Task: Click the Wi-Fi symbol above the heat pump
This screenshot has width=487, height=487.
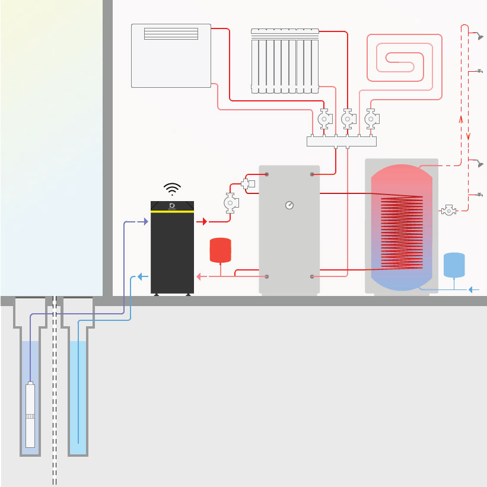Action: [x=173, y=189]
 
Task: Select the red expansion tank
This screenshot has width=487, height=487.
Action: [x=221, y=250]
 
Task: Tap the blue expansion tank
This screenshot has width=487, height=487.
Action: [x=454, y=265]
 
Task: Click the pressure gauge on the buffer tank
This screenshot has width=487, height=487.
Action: [x=289, y=205]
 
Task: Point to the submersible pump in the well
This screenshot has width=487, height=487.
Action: [x=31, y=415]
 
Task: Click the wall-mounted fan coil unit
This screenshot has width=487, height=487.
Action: [x=171, y=55]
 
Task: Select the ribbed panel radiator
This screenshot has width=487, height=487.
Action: [x=285, y=61]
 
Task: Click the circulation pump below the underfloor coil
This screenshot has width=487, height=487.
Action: [x=371, y=119]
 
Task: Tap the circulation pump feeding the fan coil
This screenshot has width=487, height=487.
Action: [x=324, y=119]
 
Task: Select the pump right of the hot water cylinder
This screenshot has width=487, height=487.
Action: [x=450, y=210]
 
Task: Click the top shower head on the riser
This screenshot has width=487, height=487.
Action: [x=477, y=37]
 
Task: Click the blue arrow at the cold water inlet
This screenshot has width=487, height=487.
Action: [x=473, y=289]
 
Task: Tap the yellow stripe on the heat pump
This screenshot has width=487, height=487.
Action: [x=173, y=210]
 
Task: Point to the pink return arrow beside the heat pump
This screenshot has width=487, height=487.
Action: [x=200, y=276]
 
